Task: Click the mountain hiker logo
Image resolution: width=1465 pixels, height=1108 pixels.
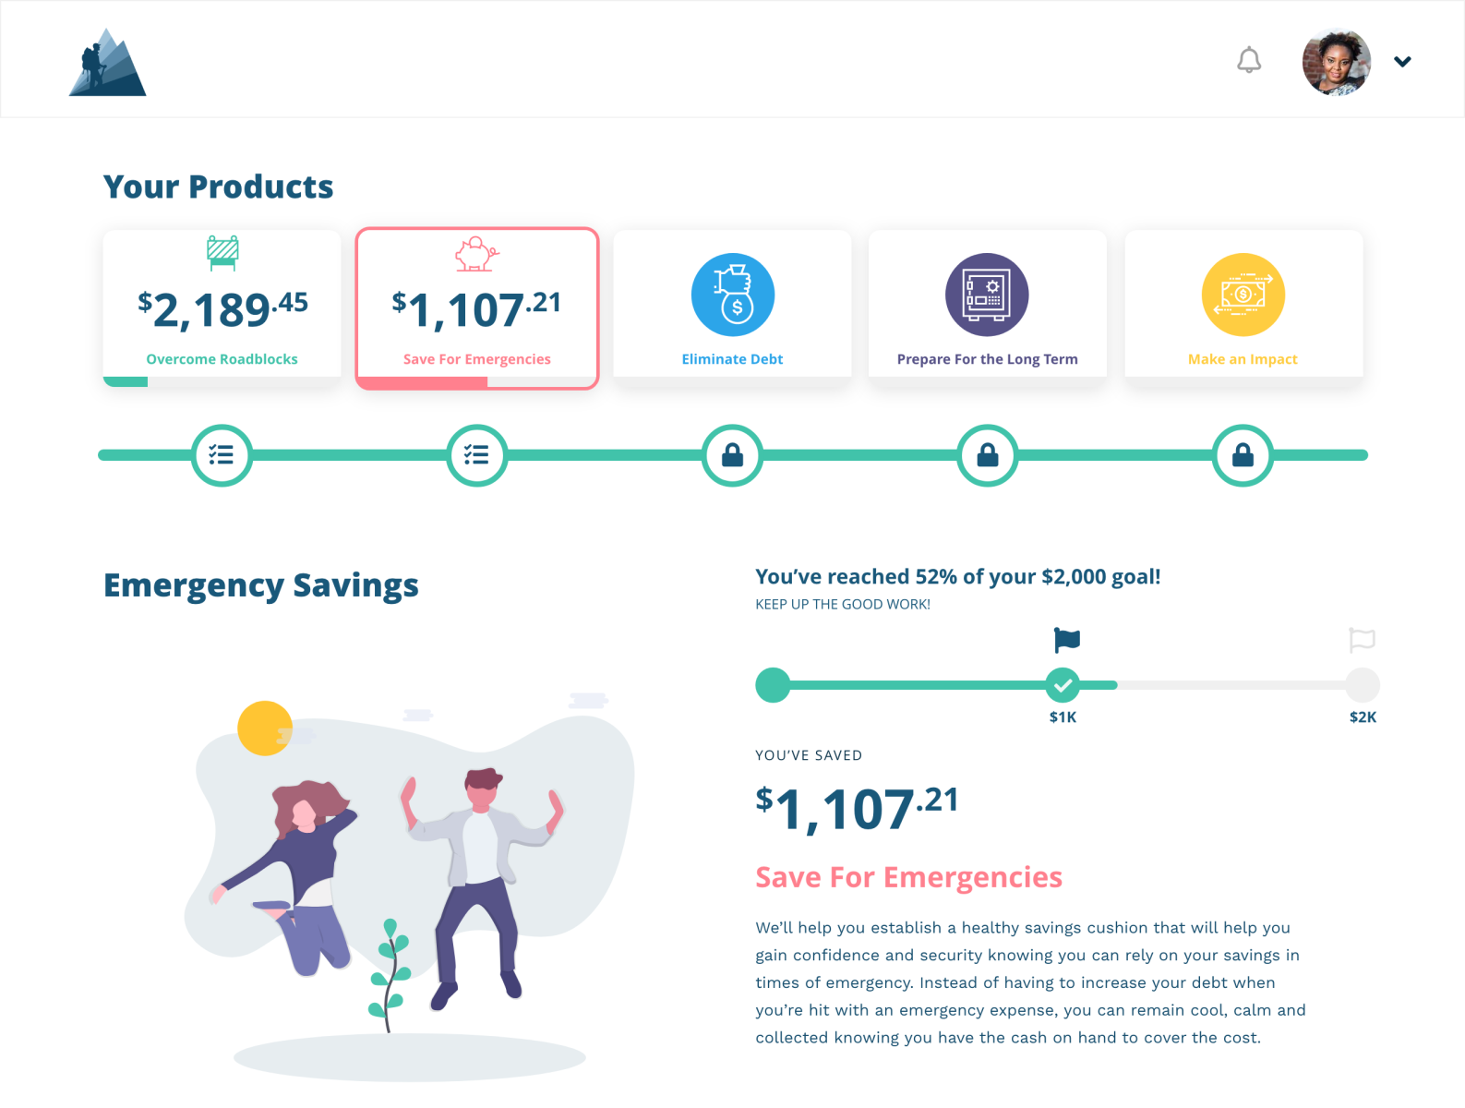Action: [x=107, y=63]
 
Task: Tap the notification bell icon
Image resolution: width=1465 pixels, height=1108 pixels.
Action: [x=1249, y=61]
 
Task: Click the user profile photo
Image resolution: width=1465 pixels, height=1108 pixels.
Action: [x=1336, y=62]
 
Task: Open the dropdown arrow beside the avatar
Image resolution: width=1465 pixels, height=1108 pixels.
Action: [x=1402, y=62]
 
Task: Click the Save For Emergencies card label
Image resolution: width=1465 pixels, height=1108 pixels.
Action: [x=476, y=359]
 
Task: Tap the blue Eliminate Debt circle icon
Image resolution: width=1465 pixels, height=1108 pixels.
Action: [x=732, y=295]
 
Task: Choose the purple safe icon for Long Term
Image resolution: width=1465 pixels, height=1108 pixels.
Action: [x=986, y=295]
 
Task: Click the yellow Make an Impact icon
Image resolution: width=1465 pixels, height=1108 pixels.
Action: [x=1243, y=295]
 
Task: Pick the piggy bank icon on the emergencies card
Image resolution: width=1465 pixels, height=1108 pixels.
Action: [x=476, y=254]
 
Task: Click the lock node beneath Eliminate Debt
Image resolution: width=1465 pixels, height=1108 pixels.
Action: [x=732, y=455]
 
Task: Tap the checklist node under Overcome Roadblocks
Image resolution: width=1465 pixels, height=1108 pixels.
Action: [x=222, y=455]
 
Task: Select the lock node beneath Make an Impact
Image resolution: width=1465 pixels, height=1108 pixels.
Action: [x=1243, y=455]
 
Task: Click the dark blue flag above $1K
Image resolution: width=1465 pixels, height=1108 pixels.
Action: [x=1066, y=639]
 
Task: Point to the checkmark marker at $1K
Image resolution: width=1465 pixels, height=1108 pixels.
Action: [x=1063, y=685]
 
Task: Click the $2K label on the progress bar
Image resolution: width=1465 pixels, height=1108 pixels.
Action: [x=1363, y=717]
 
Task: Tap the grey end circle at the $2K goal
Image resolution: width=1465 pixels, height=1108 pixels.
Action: [x=1362, y=685]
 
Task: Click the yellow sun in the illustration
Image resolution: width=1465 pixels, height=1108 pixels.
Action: [x=265, y=729]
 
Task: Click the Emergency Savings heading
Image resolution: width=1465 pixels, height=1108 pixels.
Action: [x=261, y=585]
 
